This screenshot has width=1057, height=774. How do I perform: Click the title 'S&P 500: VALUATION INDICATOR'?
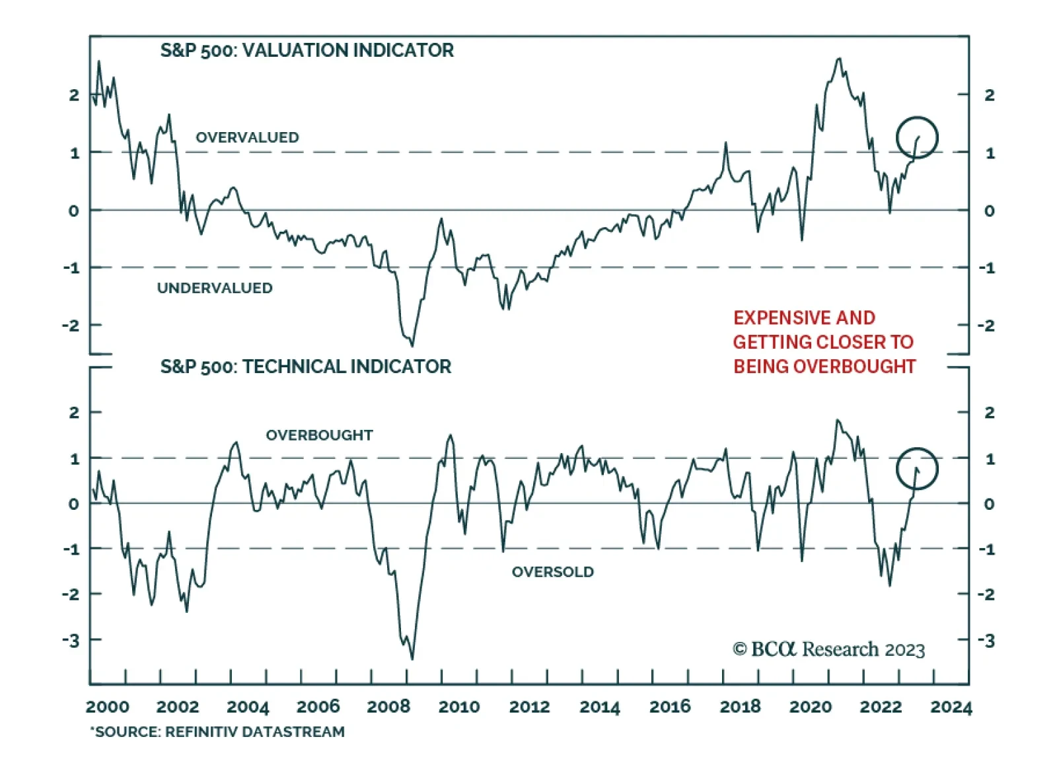tap(307, 51)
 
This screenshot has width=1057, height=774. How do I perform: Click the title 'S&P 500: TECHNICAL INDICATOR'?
tap(305, 367)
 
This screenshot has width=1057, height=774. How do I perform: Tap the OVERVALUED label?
tap(247, 137)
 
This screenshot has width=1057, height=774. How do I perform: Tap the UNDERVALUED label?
tap(215, 288)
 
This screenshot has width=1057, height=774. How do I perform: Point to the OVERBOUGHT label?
tap(319, 435)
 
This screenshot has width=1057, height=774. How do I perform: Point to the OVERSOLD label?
tap(552, 572)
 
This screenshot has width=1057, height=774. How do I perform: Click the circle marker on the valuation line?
tap(917, 137)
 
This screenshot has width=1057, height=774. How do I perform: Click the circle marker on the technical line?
tap(917, 469)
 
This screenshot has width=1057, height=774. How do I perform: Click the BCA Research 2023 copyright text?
tap(828, 650)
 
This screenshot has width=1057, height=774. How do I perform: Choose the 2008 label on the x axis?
tap(388, 707)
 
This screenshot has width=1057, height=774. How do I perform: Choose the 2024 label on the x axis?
tap(951, 707)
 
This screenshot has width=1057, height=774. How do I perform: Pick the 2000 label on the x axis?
tap(107, 707)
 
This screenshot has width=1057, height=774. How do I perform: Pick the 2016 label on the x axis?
tap(670, 707)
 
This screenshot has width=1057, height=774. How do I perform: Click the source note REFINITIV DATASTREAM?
tap(254, 732)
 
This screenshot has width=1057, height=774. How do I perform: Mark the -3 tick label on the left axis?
tap(71, 640)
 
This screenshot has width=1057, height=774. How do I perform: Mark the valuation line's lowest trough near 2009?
tap(412, 345)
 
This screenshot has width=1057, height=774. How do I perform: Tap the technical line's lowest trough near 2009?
tap(412, 658)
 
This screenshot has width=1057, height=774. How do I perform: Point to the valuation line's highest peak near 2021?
tap(839, 59)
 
